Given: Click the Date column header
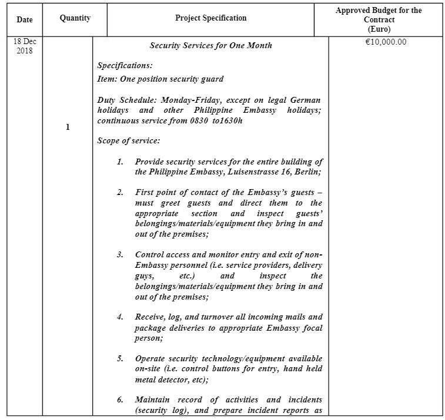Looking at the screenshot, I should coord(25,19).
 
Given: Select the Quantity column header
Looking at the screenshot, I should coord(75,18).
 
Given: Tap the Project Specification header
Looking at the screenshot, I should coord(210,18).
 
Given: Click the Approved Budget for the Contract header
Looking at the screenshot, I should coord(378,19).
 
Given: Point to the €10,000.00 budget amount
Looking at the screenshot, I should coord(386,42).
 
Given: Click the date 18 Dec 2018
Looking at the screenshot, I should coord(25,46).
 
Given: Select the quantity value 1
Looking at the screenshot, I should coord(68,127).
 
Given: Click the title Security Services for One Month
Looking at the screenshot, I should coord(210,45).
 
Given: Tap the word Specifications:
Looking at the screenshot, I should coord(125,66).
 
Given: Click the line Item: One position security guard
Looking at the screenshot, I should coord(160,79).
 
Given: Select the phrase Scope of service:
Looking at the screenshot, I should coord(128,141).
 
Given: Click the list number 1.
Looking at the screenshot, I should coord(120,162).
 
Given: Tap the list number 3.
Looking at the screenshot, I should coord(120,254).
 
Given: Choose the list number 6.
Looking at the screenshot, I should coord(120,400).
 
